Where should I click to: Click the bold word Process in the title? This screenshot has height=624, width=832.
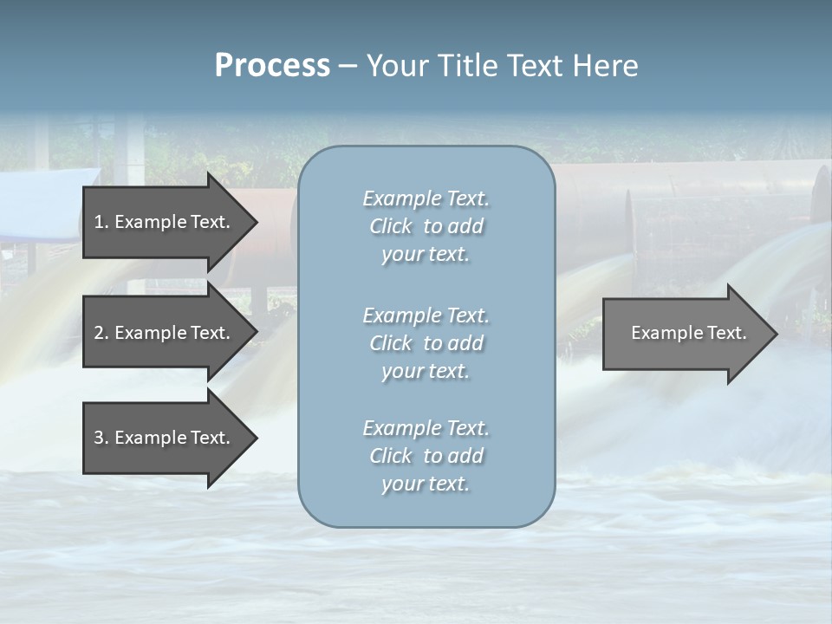[272, 66]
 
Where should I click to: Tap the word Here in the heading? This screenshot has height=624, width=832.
[605, 66]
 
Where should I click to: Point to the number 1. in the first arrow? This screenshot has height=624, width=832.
[101, 222]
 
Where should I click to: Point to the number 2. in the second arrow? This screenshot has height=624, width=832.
[101, 333]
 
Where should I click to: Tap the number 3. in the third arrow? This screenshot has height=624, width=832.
[101, 438]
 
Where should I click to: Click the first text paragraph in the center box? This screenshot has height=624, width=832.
[426, 226]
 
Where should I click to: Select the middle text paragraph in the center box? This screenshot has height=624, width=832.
[426, 342]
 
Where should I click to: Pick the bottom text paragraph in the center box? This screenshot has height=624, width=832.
[426, 456]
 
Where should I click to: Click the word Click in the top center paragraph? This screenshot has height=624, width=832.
[391, 226]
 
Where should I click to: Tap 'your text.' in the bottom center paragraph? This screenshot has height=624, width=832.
[426, 484]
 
